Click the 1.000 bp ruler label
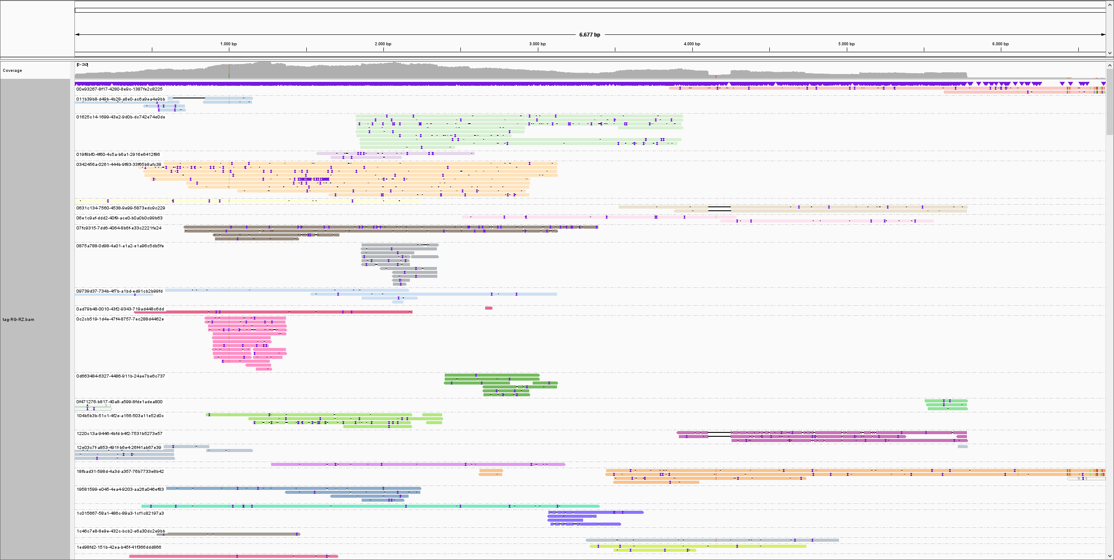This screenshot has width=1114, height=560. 228,44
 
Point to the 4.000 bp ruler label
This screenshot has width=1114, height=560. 692,44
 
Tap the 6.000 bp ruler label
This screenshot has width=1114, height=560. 1000,44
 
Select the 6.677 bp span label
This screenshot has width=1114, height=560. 590,35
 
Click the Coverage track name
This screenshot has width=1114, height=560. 12,71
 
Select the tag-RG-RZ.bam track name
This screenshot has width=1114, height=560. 18,320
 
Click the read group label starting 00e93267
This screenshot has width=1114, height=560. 119,89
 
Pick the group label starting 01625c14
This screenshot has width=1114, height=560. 121,117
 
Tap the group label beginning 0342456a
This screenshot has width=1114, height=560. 118,165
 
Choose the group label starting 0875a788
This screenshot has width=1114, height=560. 120,246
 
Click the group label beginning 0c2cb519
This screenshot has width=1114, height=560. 120,319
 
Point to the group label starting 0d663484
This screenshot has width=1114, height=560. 121,376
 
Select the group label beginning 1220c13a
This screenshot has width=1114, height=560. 119,434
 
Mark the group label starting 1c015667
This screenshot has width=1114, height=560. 120,513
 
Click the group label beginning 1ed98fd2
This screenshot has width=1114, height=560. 119,547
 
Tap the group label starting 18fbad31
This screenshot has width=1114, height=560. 120,472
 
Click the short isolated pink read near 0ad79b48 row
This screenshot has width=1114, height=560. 489,308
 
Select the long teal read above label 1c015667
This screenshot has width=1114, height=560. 370,506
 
